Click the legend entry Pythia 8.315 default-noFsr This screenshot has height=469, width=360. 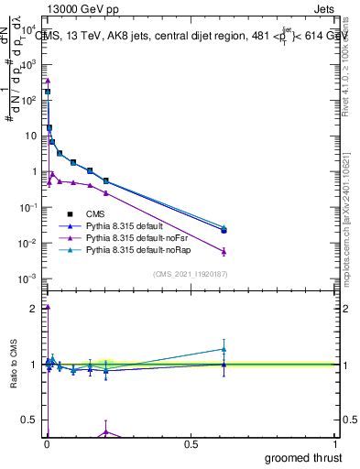pyautogui.click(x=137, y=237)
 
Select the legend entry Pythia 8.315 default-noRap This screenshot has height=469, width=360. pyautogui.click(x=137, y=249)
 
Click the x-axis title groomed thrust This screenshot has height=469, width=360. pyautogui.click(x=305, y=456)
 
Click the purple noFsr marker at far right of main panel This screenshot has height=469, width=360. pyautogui.click(x=224, y=251)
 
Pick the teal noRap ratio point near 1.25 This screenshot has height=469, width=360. pyautogui.click(x=224, y=348)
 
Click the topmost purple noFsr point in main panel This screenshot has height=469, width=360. pyautogui.click(x=47, y=81)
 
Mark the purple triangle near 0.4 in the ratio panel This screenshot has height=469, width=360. pyautogui.click(x=106, y=431)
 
